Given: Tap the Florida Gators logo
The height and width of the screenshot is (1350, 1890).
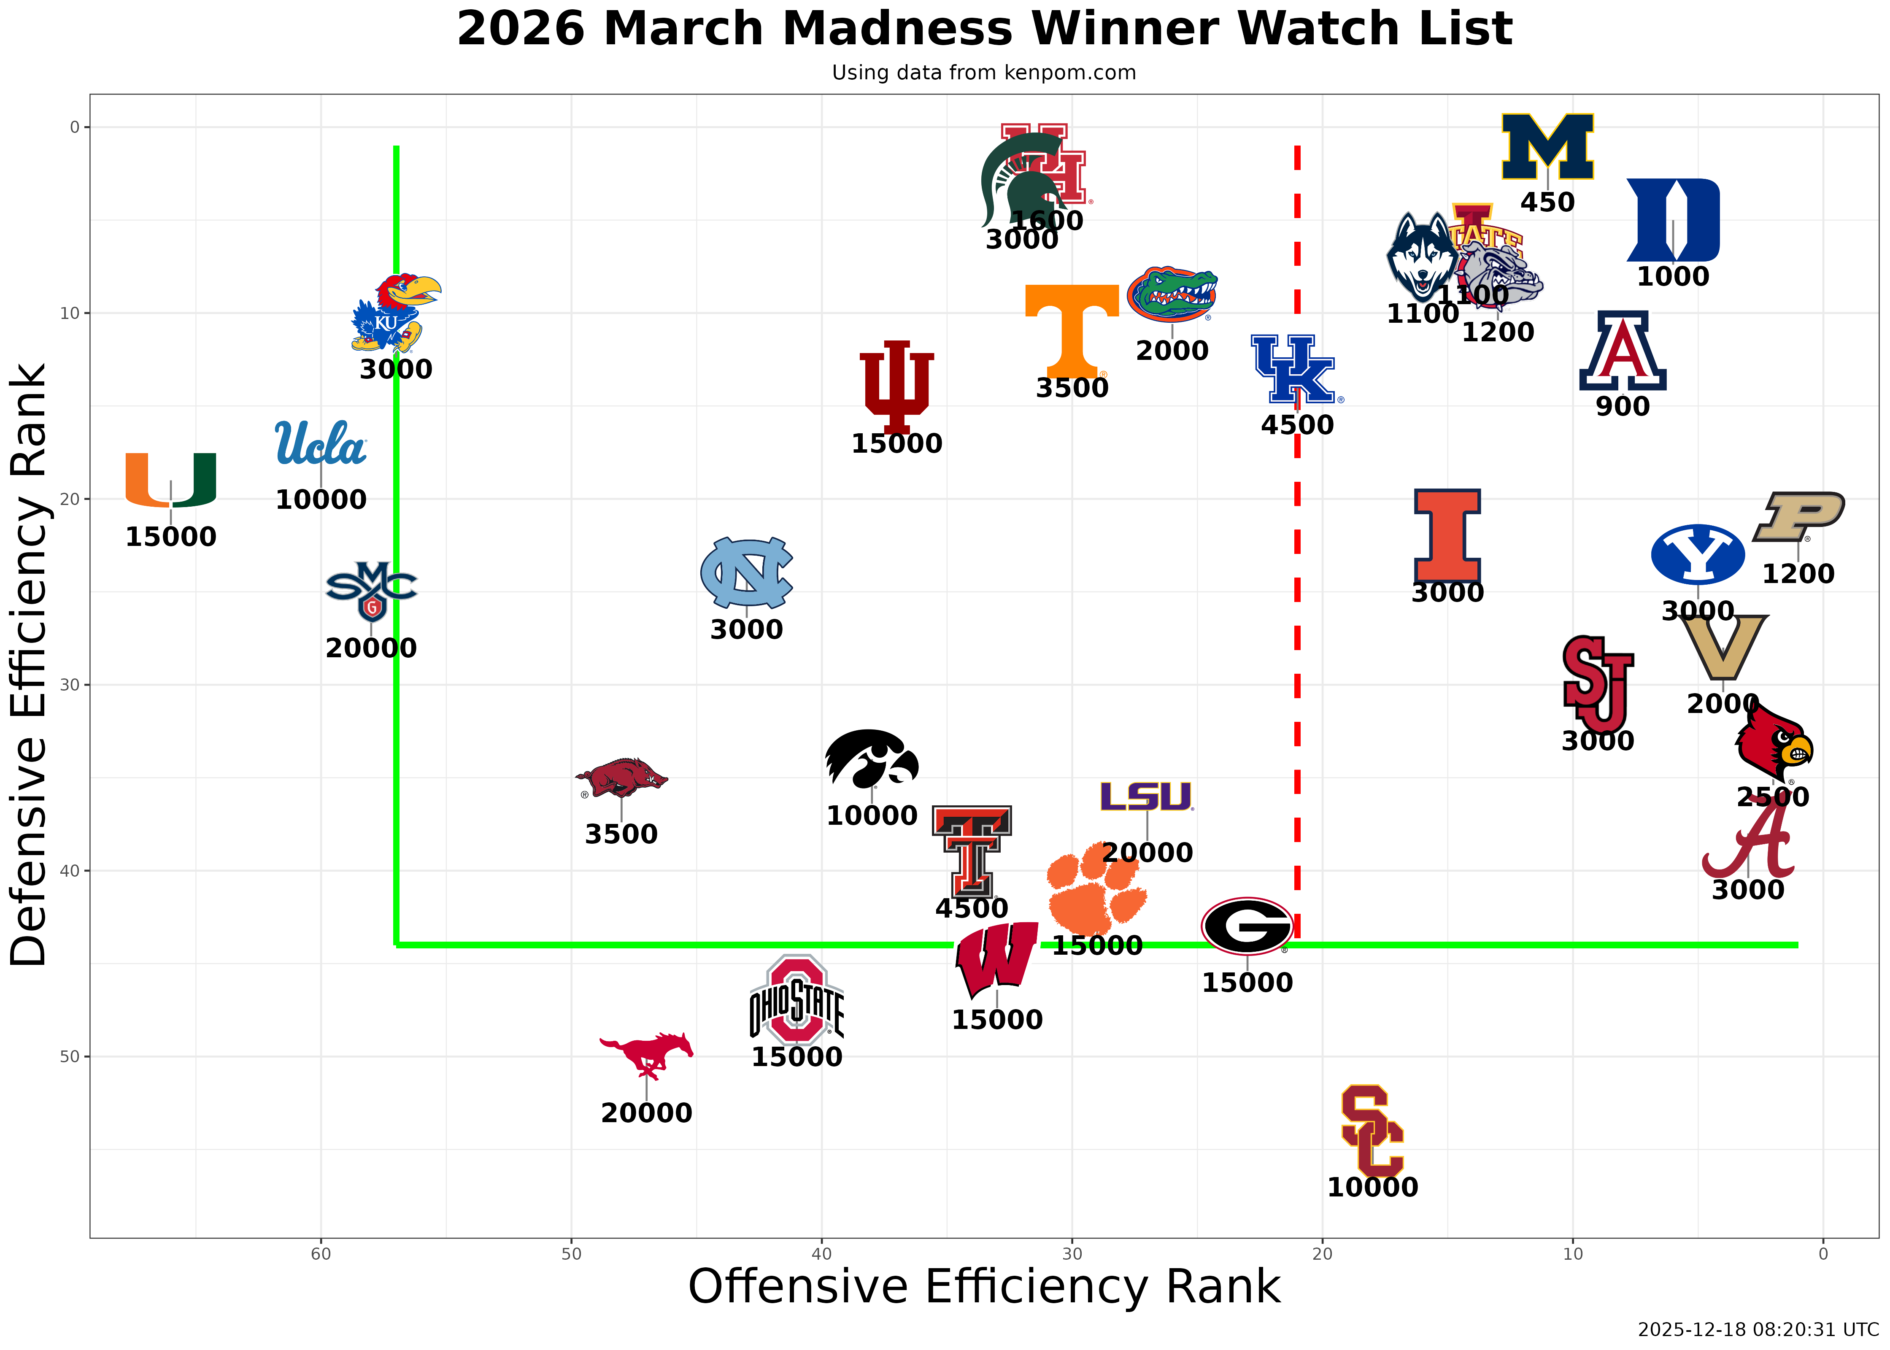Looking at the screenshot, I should coord(1172,294).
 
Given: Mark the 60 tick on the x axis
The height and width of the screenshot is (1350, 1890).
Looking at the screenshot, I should coord(321,1253).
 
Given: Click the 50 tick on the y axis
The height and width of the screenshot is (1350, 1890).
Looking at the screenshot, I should coord(75,1056).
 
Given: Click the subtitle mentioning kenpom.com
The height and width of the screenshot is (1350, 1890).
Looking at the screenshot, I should coord(984,73).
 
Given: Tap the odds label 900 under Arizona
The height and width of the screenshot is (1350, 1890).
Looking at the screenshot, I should coord(1623,407).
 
